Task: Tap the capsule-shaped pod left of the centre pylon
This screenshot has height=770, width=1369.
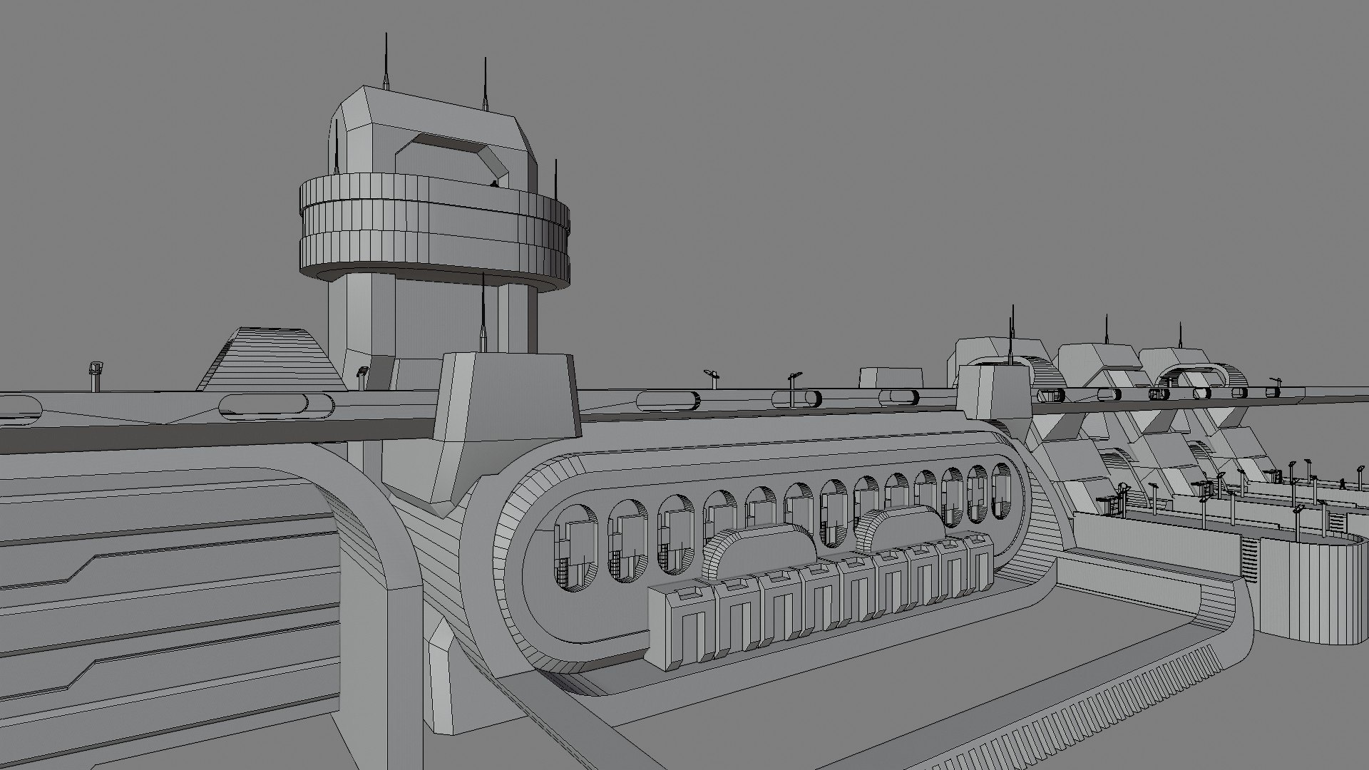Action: coord(277,405)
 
